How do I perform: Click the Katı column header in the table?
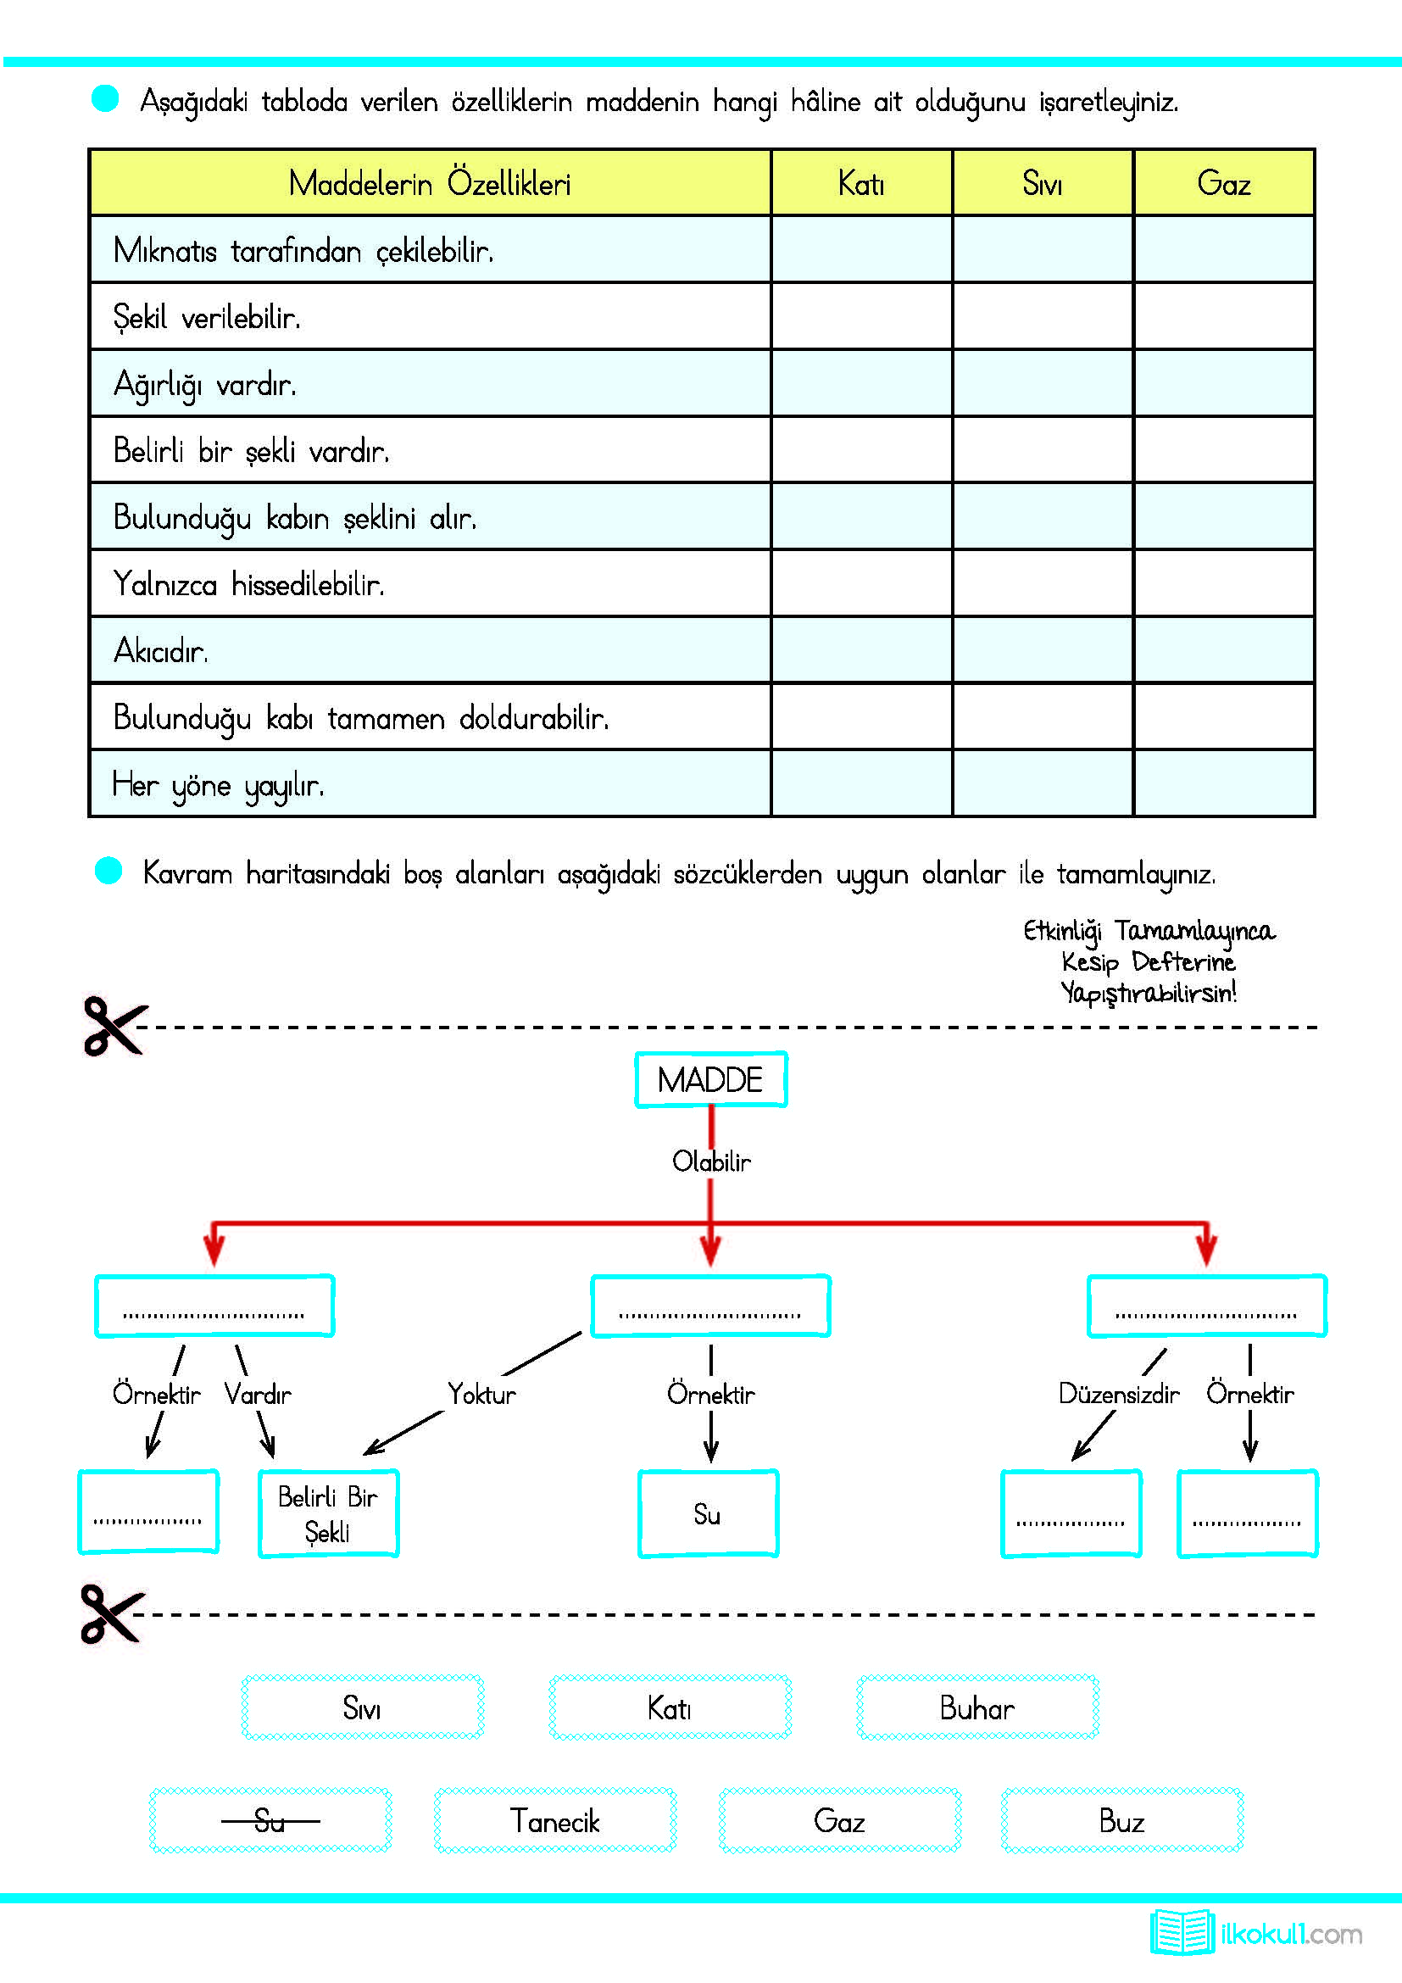point(860,183)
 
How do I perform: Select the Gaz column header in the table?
point(1223,183)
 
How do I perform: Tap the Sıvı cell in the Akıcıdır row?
point(1042,649)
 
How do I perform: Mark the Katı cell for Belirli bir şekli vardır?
point(860,450)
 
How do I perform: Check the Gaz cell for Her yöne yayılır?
point(1223,783)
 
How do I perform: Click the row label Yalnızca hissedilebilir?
point(248,585)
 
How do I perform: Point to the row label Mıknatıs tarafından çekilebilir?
point(303,250)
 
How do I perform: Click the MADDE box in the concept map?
point(710,1079)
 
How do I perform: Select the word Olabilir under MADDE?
point(711,1161)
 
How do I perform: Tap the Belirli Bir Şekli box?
point(328,1514)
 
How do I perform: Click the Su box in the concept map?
point(708,1514)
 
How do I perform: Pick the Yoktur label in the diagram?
point(481,1394)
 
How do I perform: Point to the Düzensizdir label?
point(1118,1394)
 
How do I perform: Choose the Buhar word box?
point(977,1708)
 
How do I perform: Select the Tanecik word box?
point(555,1820)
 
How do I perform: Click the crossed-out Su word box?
point(270,1820)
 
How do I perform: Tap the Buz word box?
point(1121,1820)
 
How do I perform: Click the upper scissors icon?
point(114,1026)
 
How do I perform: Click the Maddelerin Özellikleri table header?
point(430,183)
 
